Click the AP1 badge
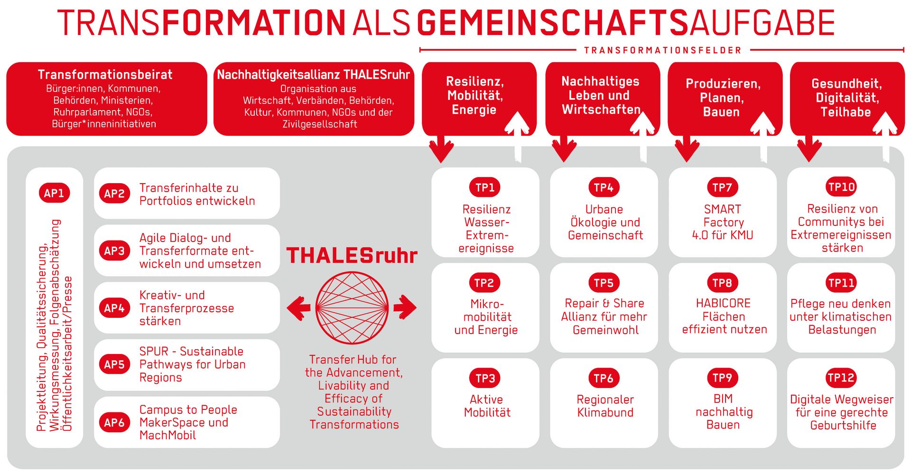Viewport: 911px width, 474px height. pos(54,193)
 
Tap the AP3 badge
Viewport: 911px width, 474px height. pos(114,251)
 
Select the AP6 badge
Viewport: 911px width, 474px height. pos(114,422)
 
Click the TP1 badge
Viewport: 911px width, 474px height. pos(485,187)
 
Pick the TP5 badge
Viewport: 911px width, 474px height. pos(604,283)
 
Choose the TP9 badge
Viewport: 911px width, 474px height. pos(722,378)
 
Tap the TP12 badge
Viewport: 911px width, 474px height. pos(841,378)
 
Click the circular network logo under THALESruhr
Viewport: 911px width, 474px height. pos(352,308)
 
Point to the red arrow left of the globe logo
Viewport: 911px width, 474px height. pos(299,308)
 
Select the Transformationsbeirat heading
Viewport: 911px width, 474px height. pos(105,75)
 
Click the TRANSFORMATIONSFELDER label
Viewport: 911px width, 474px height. pos(662,50)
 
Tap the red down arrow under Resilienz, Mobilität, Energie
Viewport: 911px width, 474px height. pos(441,149)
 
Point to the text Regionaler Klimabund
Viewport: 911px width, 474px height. pos(605,406)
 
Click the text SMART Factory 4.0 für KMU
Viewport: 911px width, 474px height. pos(723,222)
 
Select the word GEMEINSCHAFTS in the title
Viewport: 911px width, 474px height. pos(552,23)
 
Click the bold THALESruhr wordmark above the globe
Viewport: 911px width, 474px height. pos(352,256)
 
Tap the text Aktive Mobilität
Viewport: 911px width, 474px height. pos(487,406)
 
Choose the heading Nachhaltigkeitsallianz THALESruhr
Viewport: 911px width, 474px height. pos(313,75)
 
